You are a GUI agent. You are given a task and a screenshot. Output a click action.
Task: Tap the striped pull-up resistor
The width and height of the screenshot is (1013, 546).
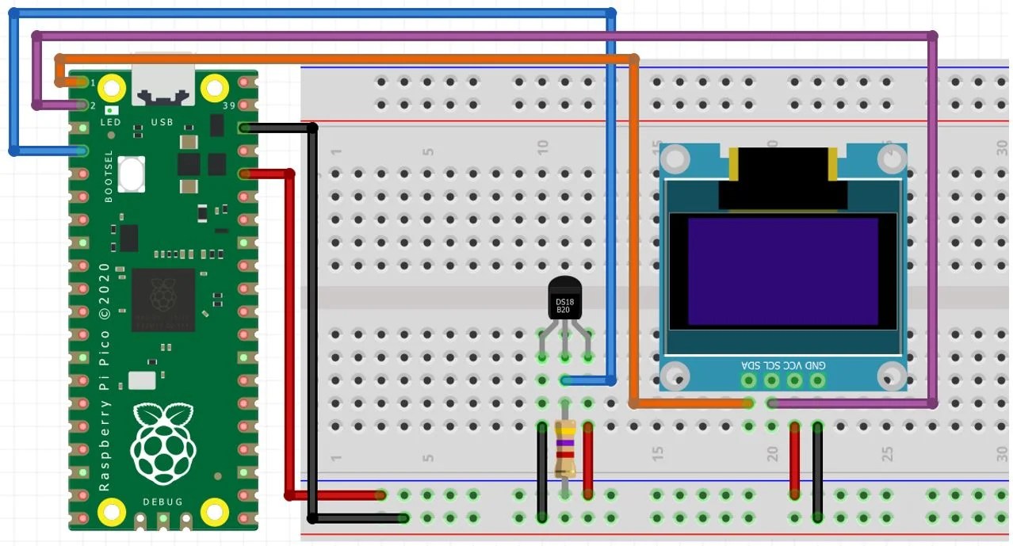564,448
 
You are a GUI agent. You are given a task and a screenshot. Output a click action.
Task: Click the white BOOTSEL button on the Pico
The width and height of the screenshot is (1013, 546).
132,173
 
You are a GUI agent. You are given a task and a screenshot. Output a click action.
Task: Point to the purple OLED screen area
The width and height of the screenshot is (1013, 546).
783,271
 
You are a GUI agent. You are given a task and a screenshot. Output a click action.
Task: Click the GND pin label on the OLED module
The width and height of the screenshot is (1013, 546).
816,365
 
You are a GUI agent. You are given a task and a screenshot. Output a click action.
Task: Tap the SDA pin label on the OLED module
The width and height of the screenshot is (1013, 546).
749,365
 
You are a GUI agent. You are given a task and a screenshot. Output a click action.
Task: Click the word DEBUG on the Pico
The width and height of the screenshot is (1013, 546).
162,502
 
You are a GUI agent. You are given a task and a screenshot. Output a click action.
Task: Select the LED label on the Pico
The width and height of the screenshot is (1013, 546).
110,123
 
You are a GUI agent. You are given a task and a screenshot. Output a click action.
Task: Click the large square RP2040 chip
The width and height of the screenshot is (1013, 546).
163,300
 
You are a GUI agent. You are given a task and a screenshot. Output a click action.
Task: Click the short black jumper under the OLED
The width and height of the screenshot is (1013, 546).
817,472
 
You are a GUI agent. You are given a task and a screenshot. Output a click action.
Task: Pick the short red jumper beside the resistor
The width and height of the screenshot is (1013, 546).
588,460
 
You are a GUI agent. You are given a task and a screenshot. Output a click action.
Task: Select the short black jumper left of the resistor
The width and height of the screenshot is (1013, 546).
541,472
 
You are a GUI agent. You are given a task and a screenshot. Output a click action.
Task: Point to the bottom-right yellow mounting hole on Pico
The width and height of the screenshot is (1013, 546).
215,511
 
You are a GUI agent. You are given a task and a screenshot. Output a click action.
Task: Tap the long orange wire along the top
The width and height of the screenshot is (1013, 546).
349,58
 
